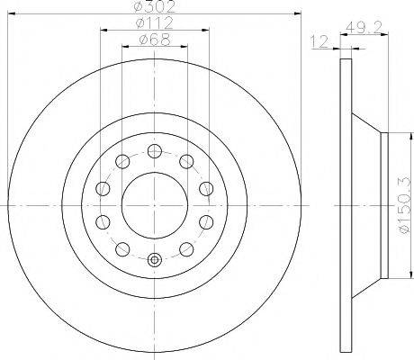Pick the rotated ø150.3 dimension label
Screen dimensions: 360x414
point(401,206)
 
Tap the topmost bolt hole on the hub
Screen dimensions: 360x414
point(154,150)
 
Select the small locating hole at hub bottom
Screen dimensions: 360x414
point(154,261)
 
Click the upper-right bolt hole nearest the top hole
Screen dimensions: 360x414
point(186,161)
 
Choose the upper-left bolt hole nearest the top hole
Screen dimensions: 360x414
point(121,161)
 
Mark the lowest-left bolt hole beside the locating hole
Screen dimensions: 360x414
point(121,249)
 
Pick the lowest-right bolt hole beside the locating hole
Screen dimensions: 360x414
point(186,249)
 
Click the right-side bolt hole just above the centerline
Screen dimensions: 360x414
point(206,188)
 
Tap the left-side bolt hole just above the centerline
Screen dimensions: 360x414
point(102,188)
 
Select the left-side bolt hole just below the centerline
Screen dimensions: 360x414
point(102,222)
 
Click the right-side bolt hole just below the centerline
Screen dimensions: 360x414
point(206,222)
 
